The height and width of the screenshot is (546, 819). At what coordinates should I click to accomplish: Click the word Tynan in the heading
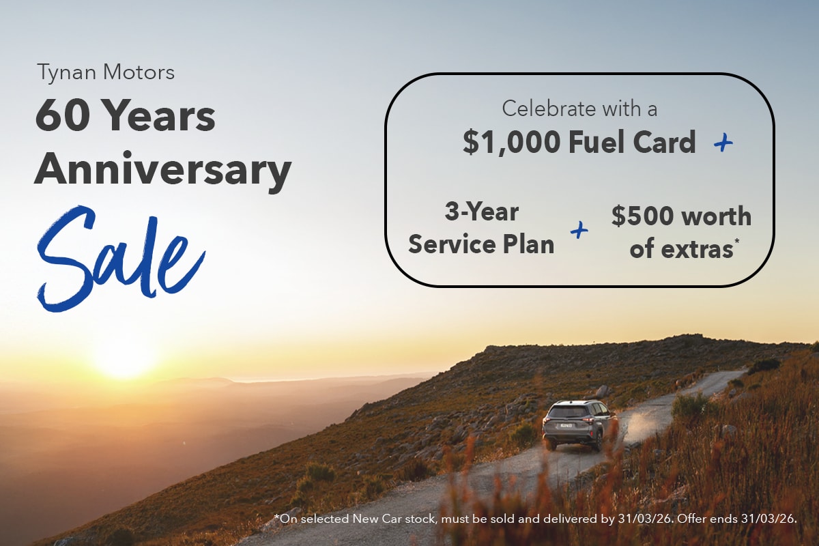point(59,72)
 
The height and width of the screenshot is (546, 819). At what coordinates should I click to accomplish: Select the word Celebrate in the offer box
point(546,108)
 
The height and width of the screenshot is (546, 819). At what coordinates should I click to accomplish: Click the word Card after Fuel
point(663,142)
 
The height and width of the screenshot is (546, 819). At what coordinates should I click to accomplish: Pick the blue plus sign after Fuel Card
point(722,142)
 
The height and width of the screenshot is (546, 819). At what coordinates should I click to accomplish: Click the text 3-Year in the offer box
point(481,212)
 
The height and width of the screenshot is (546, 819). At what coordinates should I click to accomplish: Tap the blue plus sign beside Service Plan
point(579,231)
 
